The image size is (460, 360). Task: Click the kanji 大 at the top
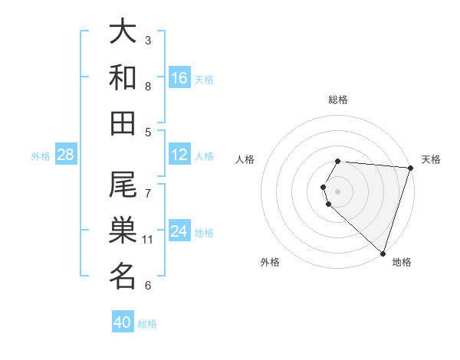pos(123,31)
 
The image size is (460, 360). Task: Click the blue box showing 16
pos(179,78)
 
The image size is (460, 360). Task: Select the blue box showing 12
pos(179,155)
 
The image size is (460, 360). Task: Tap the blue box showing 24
pos(179,231)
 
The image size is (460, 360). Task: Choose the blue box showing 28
pos(66,155)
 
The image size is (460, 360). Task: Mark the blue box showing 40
pos(123,322)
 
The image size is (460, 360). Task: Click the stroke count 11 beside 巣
pos(148,240)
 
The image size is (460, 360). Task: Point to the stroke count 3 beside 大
pos(148,40)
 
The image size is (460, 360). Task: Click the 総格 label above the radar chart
pos(338,100)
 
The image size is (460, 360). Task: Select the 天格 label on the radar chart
pos(431,159)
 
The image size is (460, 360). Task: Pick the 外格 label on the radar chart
pos(270,262)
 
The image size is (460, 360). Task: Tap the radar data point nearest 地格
pos(383,253)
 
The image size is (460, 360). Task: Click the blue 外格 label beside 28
pos(41,156)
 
